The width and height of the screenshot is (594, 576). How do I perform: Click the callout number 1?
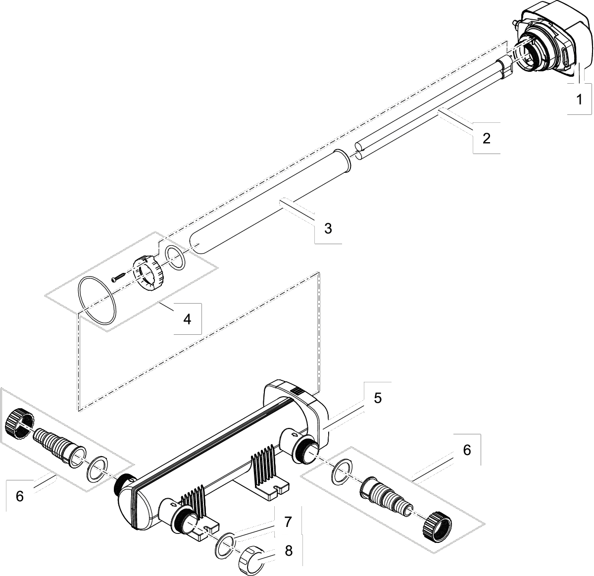[x=579, y=99]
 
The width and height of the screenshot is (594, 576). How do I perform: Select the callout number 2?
[x=486, y=138]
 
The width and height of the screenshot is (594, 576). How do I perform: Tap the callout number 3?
[x=328, y=228]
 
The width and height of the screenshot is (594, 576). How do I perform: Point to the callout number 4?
[x=187, y=319]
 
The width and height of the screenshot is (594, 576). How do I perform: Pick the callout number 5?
[x=378, y=398]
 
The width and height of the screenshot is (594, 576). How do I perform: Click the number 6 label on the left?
[x=20, y=496]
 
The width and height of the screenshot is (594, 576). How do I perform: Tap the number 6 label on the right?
[x=466, y=450]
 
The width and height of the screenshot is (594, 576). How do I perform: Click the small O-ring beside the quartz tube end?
[x=175, y=258]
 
